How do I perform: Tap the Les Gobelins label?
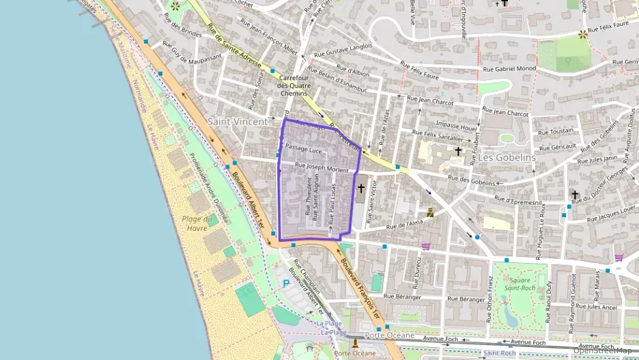tap(507, 157)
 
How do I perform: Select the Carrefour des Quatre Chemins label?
tap(294, 86)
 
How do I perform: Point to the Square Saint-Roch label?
tap(518, 283)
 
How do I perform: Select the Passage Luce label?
tap(303, 148)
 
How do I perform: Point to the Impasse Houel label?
tap(456, 126)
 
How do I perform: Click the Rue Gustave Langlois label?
tap(343, 51)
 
